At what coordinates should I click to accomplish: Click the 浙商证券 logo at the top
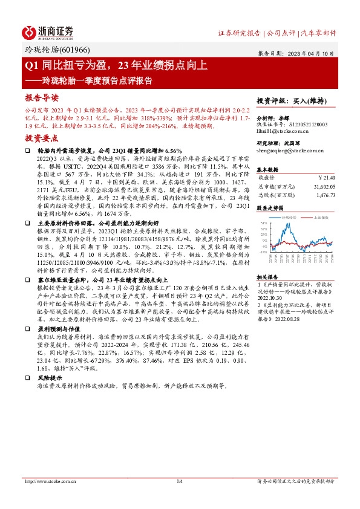click(x=48, y=32)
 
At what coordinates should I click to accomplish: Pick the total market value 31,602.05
click(x=323, y=187)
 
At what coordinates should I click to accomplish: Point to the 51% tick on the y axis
click(x=263, y=223)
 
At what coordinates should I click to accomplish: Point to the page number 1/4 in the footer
click(x=179, y=481)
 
